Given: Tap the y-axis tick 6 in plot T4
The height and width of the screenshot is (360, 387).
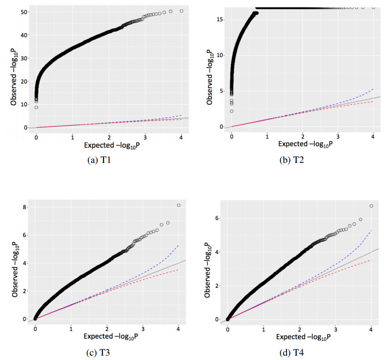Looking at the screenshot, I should pyautogui.click(x=218, y=218).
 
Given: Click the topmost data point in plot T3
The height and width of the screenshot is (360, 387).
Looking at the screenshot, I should pyautogui.click(x=179, y=205).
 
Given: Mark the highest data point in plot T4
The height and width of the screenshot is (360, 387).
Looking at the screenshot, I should pyautogui.click(x=371, y=206).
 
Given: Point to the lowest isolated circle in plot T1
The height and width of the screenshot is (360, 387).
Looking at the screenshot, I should pyautogui.click(x=36, y=107).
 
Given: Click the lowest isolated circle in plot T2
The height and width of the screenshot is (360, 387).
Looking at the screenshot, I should pyautogui.click(x=231, y=111).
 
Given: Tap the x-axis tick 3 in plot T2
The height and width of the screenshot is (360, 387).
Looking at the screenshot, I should pyautogui.click(x=337, y=134).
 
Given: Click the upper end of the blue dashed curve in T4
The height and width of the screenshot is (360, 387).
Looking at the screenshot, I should pyautogui.click(x=371, y=230).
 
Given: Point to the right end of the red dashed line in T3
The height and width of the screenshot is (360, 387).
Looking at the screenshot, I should pyautogui.click(x=179, y=269).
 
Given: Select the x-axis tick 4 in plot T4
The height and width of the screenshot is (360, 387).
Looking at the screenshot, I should pyautogui.click(x=371, y=326).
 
